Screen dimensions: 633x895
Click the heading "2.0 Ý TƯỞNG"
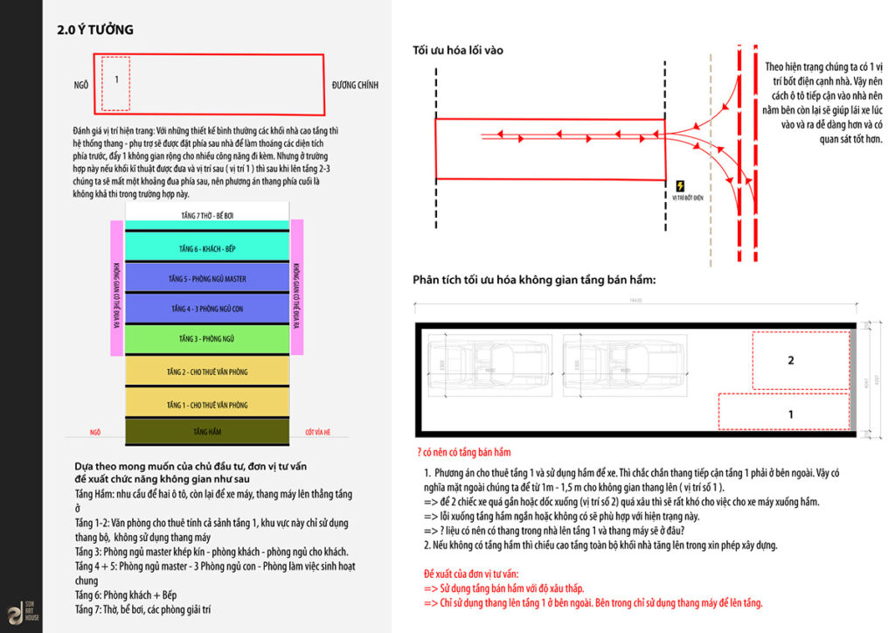[x=95, y=30]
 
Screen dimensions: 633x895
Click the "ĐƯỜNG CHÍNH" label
[x=355, y=85]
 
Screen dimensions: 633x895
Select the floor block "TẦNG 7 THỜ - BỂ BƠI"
[x=206, y=212]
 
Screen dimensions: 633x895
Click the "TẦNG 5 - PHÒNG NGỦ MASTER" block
[x=206, y=278]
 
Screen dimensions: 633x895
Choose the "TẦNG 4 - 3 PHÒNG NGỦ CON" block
[x=206, y=309]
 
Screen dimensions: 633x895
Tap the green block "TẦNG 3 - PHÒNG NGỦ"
[x=206, y=337]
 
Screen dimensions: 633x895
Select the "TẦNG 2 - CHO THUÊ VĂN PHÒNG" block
[x=206, y=371]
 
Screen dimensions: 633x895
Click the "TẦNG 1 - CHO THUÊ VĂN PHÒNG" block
[x=206, y=404]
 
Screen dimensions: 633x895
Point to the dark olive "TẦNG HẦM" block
[x=206, y=432]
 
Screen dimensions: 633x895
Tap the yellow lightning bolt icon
[x=681, y=186]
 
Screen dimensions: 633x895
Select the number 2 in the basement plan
[x=790, y=360]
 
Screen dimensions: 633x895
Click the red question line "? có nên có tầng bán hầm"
[x=464, y=452]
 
